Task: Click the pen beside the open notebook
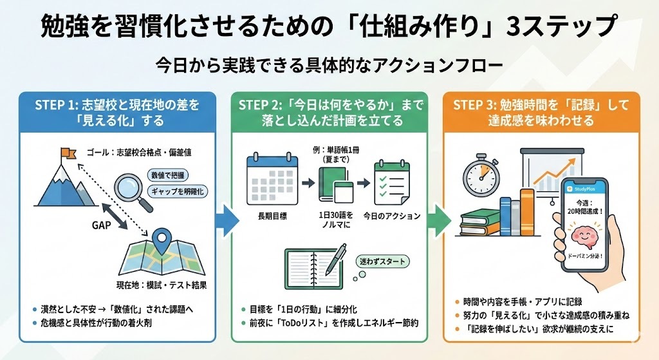point(337,261)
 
